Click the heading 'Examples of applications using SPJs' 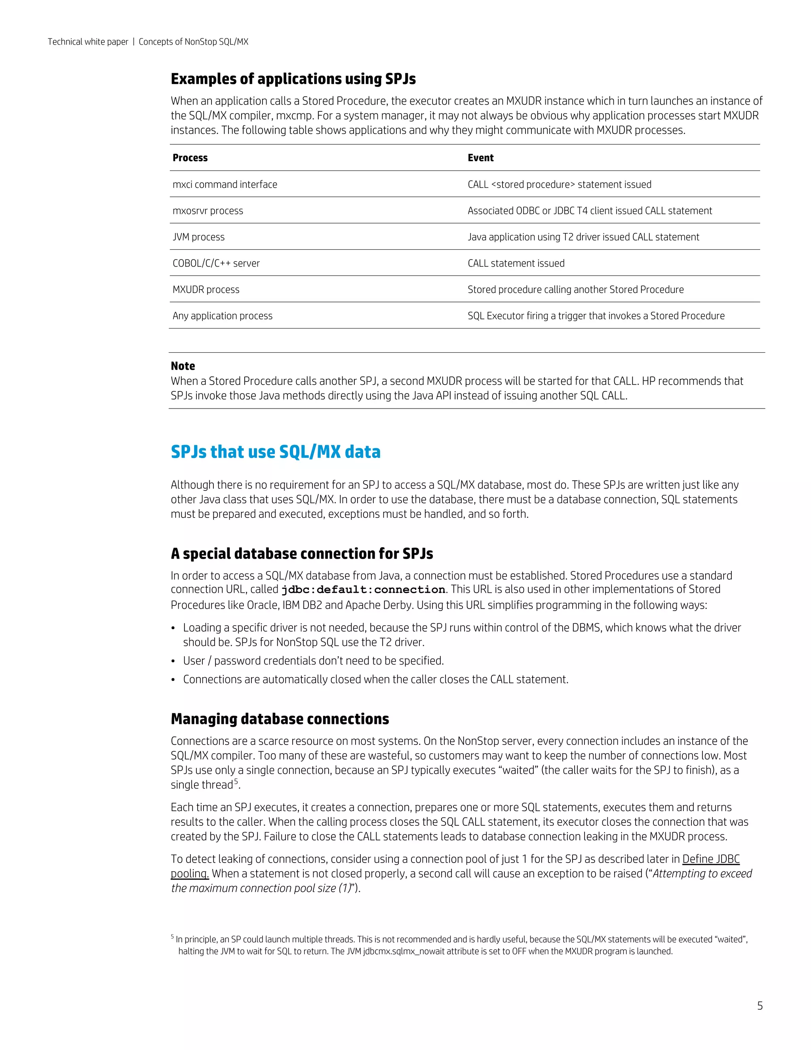293,79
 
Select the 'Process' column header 190,158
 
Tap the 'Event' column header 480,158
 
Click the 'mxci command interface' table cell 225,185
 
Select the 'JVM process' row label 198,237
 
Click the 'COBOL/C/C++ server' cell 216,263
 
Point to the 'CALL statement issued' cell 516,263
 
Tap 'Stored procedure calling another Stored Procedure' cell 575,289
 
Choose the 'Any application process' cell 223,316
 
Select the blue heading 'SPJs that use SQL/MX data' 275,452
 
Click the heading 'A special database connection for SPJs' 302,554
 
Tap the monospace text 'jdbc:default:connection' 363,590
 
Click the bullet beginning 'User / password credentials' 313,661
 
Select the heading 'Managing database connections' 280,719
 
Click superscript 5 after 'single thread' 236,782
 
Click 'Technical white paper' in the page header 88,42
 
